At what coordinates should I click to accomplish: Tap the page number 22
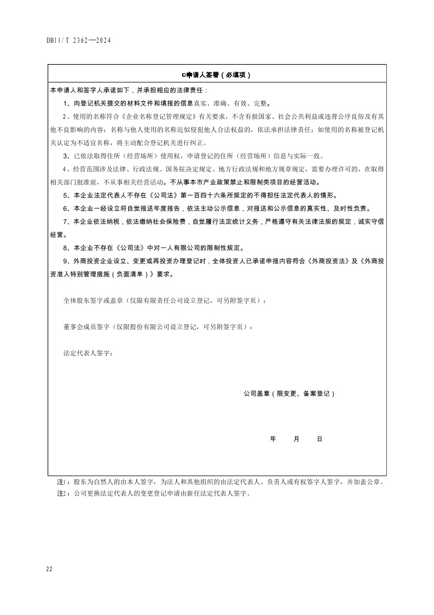tap(49, 570)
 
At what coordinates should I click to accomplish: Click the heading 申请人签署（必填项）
tap(219, 75)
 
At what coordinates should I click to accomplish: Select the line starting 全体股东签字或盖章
tap(165, 301)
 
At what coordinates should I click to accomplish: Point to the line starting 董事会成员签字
tap(158, 327)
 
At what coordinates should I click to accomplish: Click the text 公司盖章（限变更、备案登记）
tap(289, 393)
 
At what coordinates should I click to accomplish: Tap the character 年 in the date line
tap(273, 439)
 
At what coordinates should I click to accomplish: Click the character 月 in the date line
tap(296, 439)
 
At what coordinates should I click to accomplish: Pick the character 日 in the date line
tap(319, 439)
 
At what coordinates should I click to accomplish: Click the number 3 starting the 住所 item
tap(66, 156)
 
